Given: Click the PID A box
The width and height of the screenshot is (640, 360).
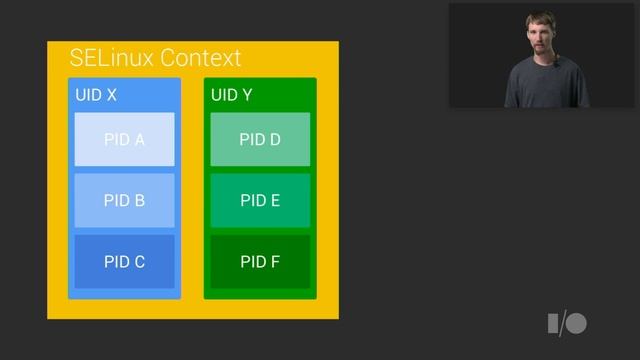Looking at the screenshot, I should click(x=124, y=140).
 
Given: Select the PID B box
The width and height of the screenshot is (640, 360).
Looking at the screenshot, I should click(x=124, y=200).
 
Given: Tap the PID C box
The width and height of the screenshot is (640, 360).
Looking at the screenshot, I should click(x=124, y=262).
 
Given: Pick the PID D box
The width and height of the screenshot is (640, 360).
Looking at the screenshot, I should click(x=260, y=140).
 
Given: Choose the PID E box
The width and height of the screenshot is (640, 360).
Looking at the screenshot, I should click(x=260, y=200).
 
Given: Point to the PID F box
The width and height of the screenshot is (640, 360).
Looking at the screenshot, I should click(x=260, y=262).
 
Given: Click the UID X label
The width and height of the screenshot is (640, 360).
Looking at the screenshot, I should click(x=96, y=96).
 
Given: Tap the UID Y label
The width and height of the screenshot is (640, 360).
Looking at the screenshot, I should click(x=232, y=96).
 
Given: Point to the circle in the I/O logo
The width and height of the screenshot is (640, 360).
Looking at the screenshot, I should click(x=576, y=323).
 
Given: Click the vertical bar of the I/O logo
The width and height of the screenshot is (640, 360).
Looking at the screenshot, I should click(x=552, y=323).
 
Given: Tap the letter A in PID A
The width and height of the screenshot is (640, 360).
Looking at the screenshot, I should click(x=139, y=140).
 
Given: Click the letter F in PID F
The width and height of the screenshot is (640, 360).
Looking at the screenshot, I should click(x=274, y=262).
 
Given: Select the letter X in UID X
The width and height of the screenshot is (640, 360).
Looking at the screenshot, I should click(x=111, y=96).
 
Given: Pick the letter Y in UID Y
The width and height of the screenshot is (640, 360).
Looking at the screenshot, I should click(x=246, y=96).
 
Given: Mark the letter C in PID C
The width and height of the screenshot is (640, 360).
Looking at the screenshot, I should click(x=139, y=262).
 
